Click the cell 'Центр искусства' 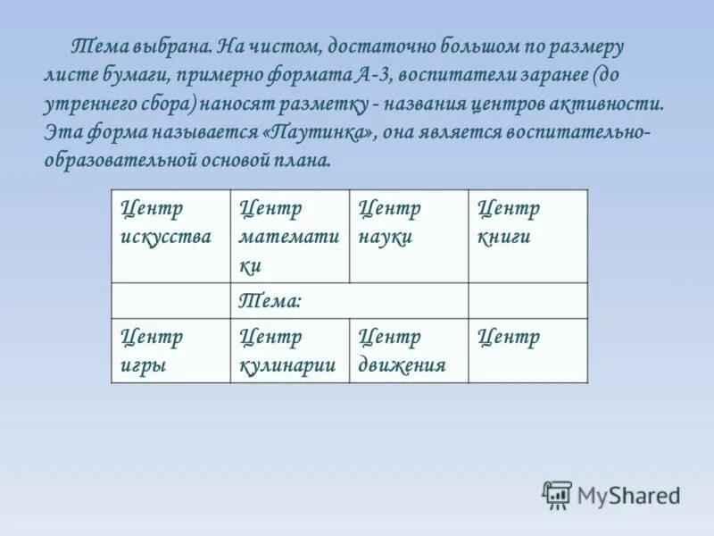coord(170,236)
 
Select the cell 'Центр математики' coord(289,236)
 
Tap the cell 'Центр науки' coord(408,236)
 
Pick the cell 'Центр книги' coord(527,236)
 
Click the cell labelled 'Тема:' coord(349,301)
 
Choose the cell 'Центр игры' coord(170,350)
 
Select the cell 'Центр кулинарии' coord(289,350)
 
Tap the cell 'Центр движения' coord(408,350)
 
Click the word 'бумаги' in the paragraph coord(130,74)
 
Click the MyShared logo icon coord(557,493)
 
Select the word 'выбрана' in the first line coord(172,46)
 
